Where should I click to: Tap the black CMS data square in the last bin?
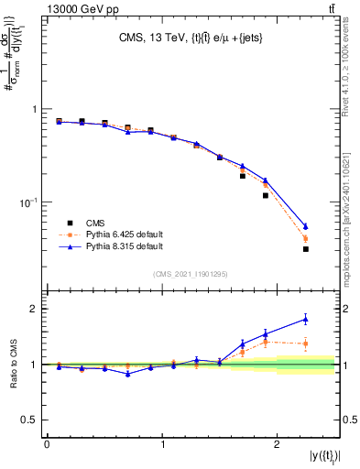pyautogui.click(x=305, y=248)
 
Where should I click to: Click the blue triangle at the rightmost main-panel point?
pyautogui.click(x=305, y=225)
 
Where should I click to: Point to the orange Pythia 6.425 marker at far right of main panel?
pyautogui.click(x=305, y=239)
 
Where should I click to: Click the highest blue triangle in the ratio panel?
pyautogui.click(x=305, y=319)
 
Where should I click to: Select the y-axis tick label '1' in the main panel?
pyautogui.click(x=35, y=109)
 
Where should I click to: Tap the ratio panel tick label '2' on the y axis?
pyautogui.click(x=35, y=309)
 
